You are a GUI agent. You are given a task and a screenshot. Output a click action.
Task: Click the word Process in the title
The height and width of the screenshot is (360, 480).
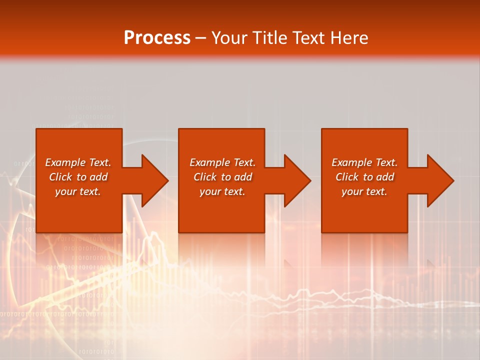pos(157,38)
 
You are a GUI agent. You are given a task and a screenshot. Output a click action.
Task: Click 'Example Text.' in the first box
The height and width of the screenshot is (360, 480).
pos(78,162)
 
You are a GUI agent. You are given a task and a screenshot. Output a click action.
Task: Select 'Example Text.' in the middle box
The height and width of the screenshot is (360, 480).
pos(222,162)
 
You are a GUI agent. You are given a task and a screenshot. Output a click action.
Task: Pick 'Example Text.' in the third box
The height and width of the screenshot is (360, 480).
pos(364,162)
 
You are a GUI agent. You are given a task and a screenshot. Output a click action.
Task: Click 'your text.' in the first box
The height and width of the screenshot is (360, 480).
pos(78,191)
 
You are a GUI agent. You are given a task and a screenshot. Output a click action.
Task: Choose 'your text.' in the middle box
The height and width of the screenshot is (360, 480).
pos(222,191)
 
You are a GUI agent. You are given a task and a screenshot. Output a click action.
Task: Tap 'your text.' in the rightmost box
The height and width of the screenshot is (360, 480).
pos(364,191)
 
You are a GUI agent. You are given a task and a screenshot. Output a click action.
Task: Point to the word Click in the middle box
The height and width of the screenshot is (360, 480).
pos(205,177)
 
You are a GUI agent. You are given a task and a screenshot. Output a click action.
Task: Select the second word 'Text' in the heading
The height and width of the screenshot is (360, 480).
pos(310,38)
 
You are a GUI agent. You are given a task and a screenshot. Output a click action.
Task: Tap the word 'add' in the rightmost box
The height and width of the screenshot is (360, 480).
pos(385,177)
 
